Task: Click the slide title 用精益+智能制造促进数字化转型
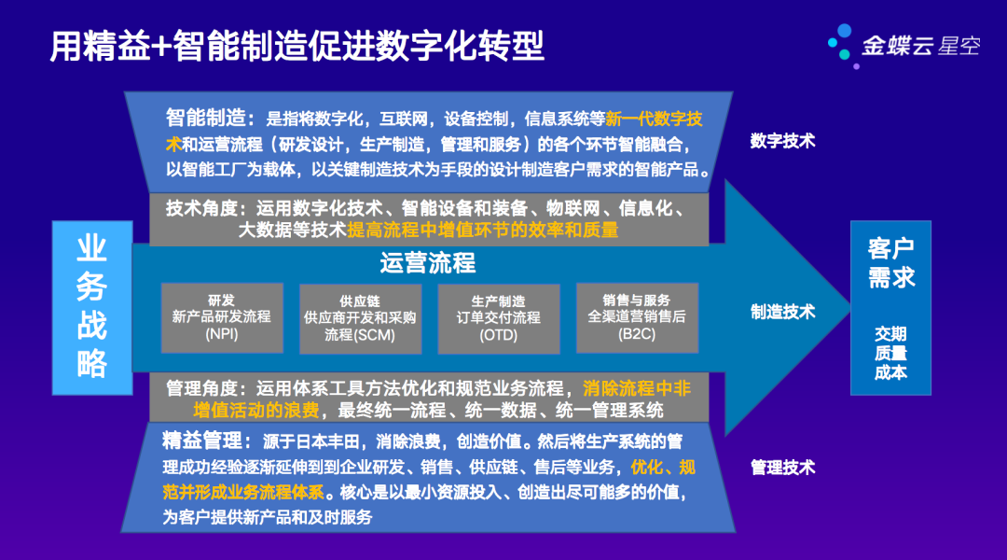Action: click(297, 45)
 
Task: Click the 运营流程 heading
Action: click(428, 263)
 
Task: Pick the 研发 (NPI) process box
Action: click(221, 317)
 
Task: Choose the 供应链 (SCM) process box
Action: click(360, 318)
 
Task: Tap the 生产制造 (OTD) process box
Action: click(498, 318)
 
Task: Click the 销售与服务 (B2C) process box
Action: click(637, 317)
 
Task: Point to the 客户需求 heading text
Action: click(890, 263)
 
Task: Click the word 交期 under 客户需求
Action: click(890, 333)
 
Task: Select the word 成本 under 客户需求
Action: click(890, 372)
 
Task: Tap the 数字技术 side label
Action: click(783, 141)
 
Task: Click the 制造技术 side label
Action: click(783, 312)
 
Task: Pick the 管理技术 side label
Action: click(783, 467)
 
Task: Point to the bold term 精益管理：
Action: click(207, 440)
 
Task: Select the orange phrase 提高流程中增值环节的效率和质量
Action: click(483, 230)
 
